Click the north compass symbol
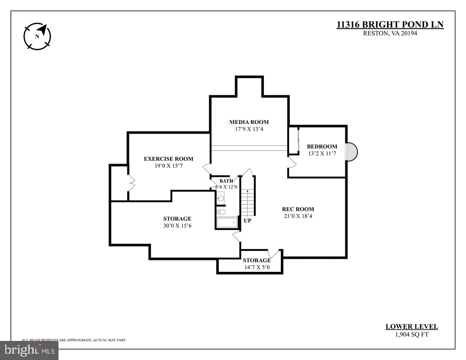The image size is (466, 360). click(x=37, y=36)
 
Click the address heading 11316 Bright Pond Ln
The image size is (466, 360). click(x=390, y=25)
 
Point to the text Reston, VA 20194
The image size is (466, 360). click(x=390, y=33)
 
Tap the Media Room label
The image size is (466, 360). click(x=249, y=122)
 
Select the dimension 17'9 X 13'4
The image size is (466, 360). click(x=249, y=129)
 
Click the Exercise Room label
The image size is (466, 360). click(x=168, y=159)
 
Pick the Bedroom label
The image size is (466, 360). click(x=322, y=146)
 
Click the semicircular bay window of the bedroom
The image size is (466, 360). click(x=352, y=152)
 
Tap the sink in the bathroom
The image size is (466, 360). click(x=221, y=198)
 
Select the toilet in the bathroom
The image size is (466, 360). click(x=221, y=212)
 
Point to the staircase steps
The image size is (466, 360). click(x=247, y=202)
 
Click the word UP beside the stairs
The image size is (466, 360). click(x=247, y=221)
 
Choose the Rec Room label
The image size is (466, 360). click(x=298, y=209)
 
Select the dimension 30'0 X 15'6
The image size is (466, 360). click(x=177, y=226)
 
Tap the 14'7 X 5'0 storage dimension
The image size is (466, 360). click(x=257, y=267)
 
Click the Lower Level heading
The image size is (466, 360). click(x=412, y=327)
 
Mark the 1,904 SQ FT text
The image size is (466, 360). click(x=412, y=335)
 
